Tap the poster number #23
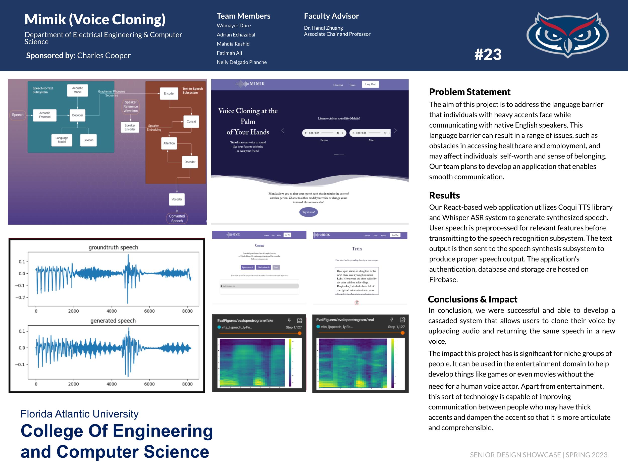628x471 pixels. (488, 54)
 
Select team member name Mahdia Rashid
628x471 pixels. (233, 44)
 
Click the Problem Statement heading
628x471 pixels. (469, 92)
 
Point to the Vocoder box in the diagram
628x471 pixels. (177, 199)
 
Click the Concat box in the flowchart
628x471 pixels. (191, 122)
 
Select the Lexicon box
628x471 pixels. (88, 140)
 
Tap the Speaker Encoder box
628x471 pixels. (130, 127)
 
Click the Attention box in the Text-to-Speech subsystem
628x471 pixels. (169, 143)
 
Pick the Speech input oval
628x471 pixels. (18, 115)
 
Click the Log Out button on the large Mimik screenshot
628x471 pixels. (370, 84)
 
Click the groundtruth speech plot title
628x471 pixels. (113, 247)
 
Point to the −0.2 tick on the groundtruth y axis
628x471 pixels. (20, 297)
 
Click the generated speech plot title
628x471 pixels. (113, 321)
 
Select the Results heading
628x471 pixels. (444, 195)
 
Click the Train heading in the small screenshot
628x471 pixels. (357, 249)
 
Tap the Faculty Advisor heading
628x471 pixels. (331, 16)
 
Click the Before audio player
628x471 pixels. (324, 133)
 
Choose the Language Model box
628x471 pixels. (62, 140)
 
